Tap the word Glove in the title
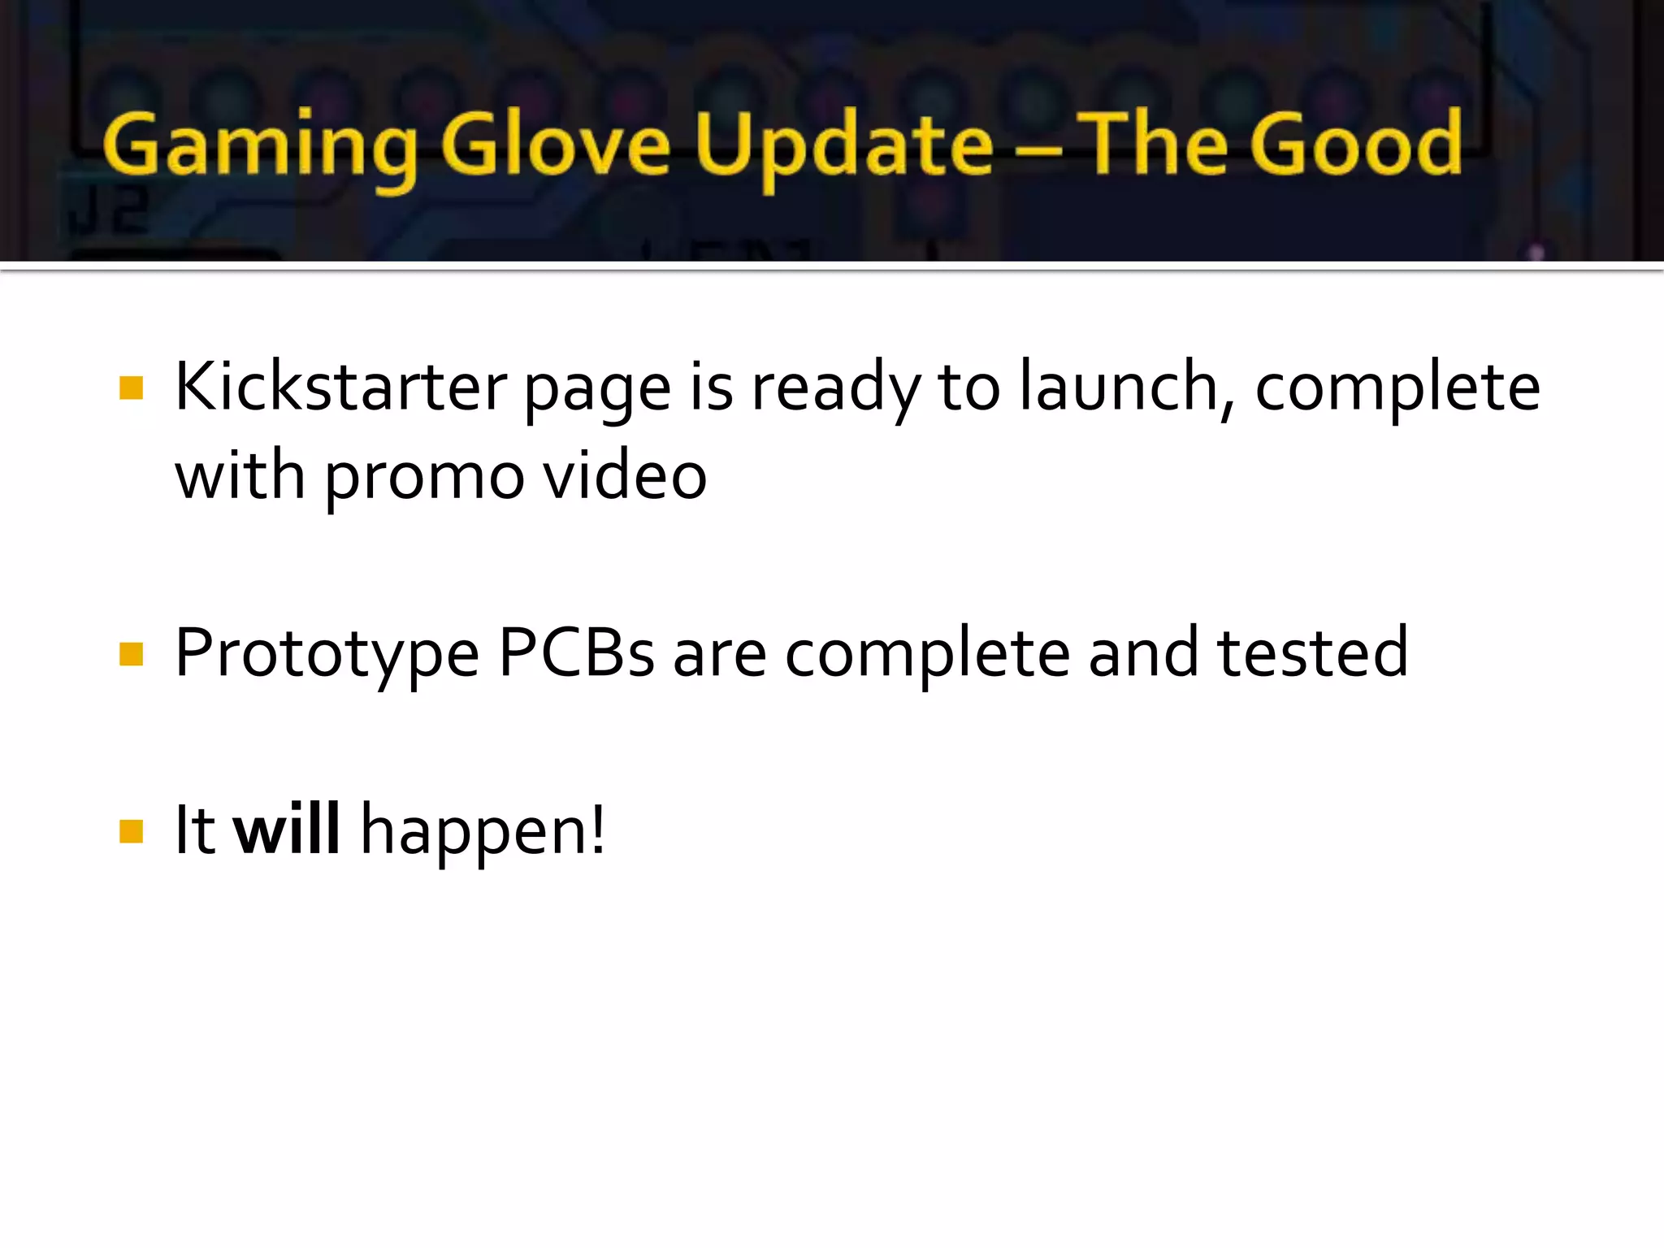pyautogui.click(x=556, y=145)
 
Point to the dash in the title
pyautogui.click(x=1038, y=150)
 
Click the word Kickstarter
pyautogui.click(x=340, y=387)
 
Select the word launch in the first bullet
pyautogui.click(x=1118, y=387)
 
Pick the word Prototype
pyautogui.click(x=327, y=654)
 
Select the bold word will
pyautogui.click(x=286, y=830)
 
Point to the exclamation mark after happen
pyautogui.click(x=598, y=830)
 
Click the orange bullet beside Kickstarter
pyautogui.click(x=131, y=388)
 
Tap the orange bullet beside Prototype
pyautogui.click(x=131, y=653)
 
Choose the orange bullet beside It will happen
pyautogui.click(x=131, y=830)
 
